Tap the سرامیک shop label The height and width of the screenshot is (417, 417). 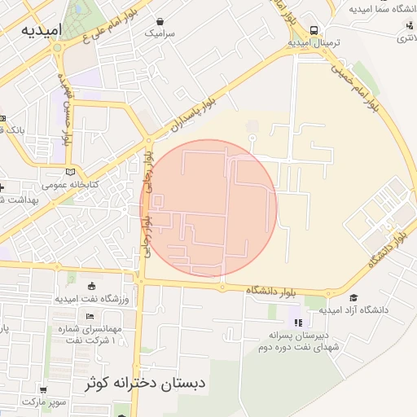point(159,34)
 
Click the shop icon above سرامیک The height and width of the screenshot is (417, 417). point(159,22)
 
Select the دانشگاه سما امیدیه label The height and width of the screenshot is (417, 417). point(382,10)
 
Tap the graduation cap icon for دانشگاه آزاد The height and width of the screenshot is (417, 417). point(354,298)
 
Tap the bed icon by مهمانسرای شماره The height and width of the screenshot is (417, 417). point(90,316)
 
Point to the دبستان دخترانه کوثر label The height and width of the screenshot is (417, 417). point(147,383)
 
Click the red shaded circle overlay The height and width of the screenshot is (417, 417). point(209,208)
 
